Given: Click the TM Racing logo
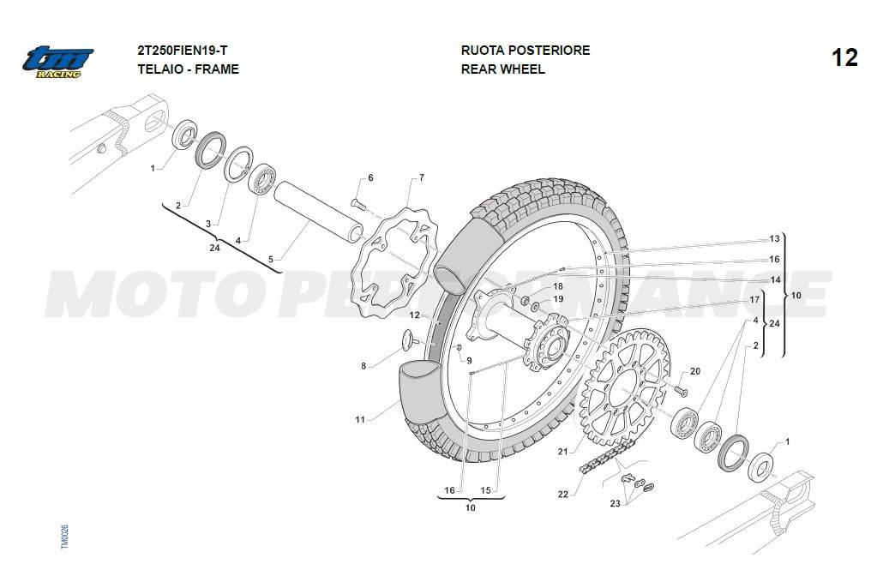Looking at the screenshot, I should point(57,62).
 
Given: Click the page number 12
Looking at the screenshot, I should point(844,57).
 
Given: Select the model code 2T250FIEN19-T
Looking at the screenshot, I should point(182,51).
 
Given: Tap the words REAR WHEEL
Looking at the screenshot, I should point(502,69).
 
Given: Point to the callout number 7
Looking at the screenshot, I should point(421,178).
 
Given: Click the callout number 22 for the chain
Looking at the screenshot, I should point(562,495).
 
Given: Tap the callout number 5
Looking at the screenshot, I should point(270,259).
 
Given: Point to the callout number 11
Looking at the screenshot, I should point(360,420).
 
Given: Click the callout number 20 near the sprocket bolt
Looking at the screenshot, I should point(694,371).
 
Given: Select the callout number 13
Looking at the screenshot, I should point(774,239).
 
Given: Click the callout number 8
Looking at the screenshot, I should point(363,366).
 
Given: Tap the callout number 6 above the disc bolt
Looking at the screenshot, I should point(370,178).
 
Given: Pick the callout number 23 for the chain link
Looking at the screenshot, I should point(615,503).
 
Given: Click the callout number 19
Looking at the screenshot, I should point(558,299).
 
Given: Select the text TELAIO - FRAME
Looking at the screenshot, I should point(188,69).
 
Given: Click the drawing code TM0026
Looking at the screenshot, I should point(64,537).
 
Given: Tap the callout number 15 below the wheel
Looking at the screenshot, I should point(486,490).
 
